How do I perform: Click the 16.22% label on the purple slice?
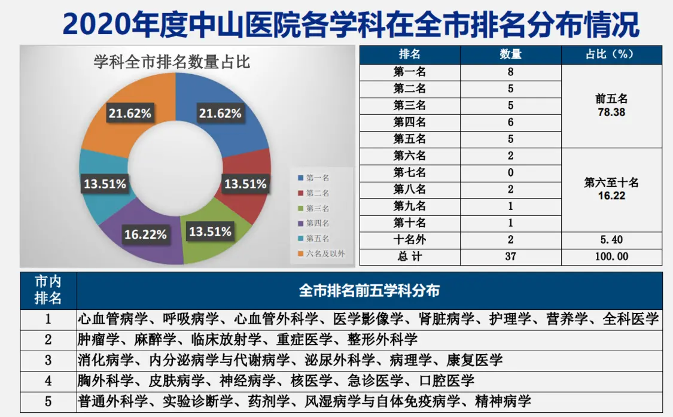click(145, 235)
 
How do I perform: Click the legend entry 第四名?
click(313, 223)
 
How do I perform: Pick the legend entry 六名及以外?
click(321, 254)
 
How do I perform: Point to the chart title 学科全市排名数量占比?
click(172, 62)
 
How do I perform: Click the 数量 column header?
click(510, 54)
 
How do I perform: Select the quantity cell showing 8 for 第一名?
click(510, 72)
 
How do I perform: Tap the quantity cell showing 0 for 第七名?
click(510, 173)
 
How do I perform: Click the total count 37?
click(510, 257)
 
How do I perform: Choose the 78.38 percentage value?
click(611, 112)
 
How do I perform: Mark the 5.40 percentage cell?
click(611, 240)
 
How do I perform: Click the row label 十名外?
click(409, 240)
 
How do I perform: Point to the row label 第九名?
click(409, 206)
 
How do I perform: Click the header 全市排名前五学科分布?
click(369, 291)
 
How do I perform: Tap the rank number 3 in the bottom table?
click(48, 360)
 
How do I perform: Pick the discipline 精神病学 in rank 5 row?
click(503, 401)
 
